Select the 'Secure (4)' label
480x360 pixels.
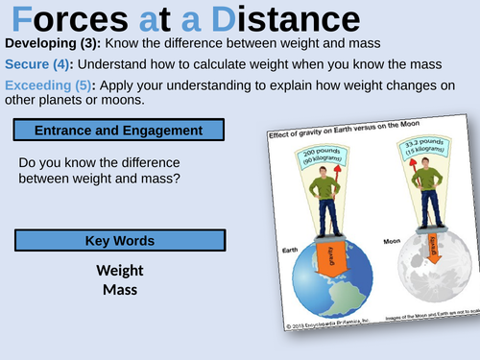click(x=38, y=65)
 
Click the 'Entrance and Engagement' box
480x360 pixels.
click(x=119, y=130)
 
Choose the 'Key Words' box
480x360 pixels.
click(x=119, y=241)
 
